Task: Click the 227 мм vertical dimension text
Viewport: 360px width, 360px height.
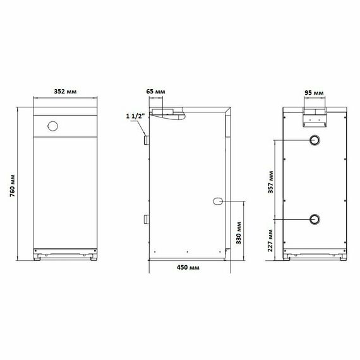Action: coord(271,239)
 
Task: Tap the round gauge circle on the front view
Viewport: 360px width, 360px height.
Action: coord(52,126)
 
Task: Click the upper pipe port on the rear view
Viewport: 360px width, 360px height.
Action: coord(314,141)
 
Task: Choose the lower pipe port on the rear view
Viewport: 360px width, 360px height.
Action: coord(314,220)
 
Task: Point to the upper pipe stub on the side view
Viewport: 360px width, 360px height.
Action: coord(146,140)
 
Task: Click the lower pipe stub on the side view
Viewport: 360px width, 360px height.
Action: coord(146,220)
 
